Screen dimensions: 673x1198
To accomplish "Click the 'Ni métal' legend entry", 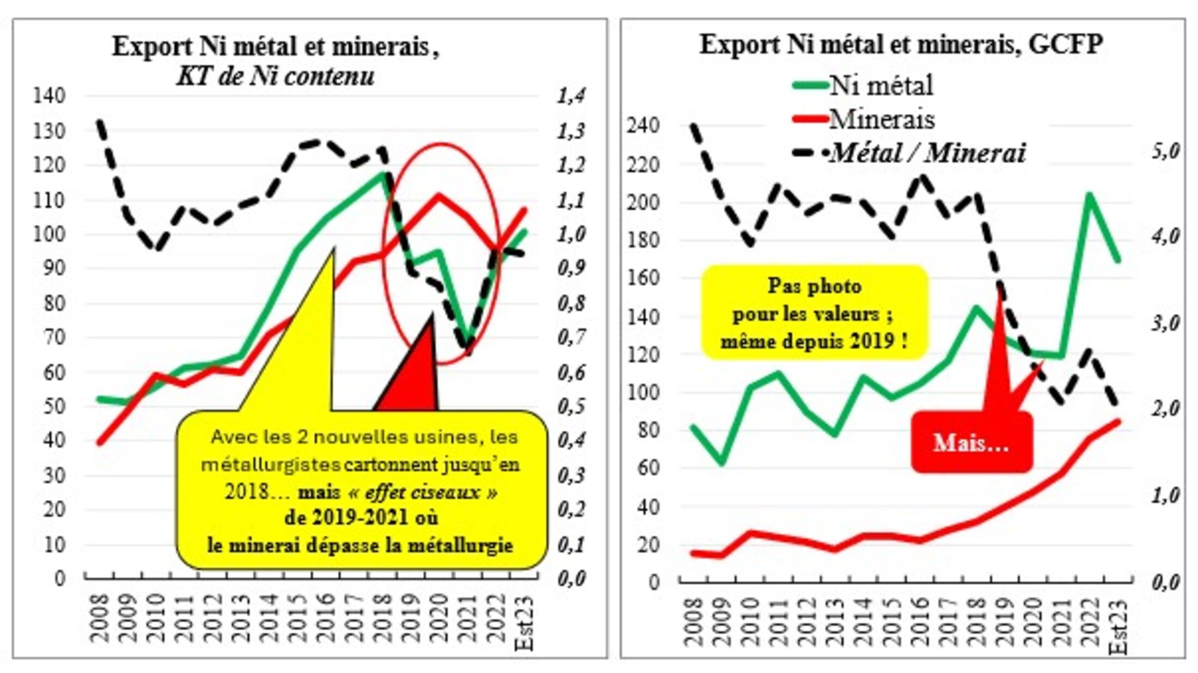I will click(x=881, y=85).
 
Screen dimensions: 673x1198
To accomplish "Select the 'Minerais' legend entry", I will click(x=881, y=119).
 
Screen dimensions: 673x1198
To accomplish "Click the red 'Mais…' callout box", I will click(x=971, y=442).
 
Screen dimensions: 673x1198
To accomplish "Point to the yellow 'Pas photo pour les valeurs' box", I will click(x=814, y=314).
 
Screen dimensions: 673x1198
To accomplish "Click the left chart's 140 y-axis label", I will click(x=49, y=96).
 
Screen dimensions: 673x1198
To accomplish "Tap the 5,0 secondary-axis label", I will click(x=1165, y=151).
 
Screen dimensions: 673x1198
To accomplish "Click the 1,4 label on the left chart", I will click(x=571, y=96).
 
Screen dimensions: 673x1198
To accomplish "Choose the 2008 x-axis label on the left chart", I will click(x=99, y=618).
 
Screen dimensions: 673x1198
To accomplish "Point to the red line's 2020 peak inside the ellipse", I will click(x=438, y=195).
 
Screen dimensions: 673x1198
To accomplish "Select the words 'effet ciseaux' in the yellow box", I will click(x=423, y=492).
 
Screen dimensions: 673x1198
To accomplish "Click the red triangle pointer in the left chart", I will click(x=414, y=370).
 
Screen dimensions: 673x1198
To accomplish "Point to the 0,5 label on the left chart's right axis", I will click(x=571, y=406).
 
